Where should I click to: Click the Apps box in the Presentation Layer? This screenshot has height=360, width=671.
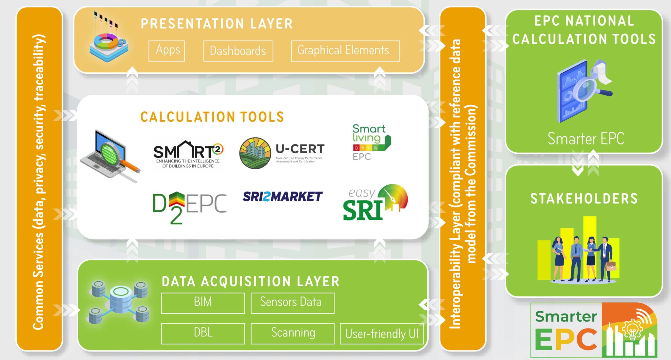pyautogui.click(x=166, y=51)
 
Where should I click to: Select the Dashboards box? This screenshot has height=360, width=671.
pyautogui.click(x=238, y=51)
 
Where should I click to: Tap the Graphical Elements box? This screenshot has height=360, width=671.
pyautogui.click(x=345, y=51)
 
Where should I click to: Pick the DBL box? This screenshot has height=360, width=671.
pyautogui.click(x=203, y=333)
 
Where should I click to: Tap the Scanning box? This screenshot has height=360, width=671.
pyautogui.click(x=292, y=333)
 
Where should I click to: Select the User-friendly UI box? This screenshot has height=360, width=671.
pyautogui.click(x=381, y=334)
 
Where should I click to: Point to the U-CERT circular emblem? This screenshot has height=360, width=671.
pyautogui.click(x=255, y=153)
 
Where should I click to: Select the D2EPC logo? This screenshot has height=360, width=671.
pyautogui.click(x=189, y=206)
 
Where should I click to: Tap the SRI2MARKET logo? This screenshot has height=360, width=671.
pyautogui.click(x=282, y=196)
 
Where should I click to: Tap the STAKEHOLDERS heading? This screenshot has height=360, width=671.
pyautogui.click(x=584, y=199)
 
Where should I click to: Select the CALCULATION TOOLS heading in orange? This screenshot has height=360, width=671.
pyautogui.click(x=212, y=117)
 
